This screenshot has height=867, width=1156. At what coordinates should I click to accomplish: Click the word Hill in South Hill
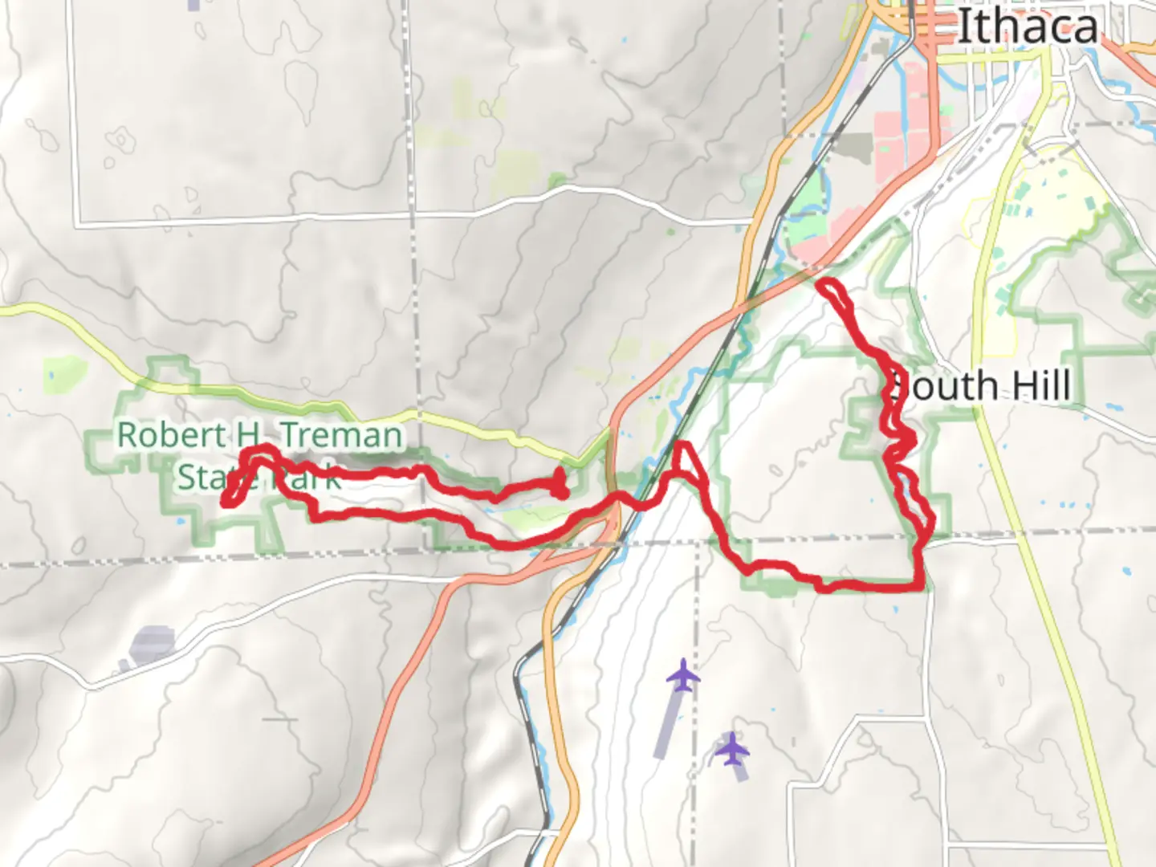point(1040,386)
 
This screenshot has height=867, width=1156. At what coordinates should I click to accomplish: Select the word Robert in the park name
point(171,435)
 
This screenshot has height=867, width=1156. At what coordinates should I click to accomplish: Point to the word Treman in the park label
point(341,436)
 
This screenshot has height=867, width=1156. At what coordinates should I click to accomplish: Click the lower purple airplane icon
point(731,751)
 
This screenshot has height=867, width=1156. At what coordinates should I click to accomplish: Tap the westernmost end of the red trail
point(228,501)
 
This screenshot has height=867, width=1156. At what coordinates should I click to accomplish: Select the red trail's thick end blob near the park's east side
point(560,485)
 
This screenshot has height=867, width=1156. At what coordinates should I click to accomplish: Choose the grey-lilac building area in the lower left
point(152,645)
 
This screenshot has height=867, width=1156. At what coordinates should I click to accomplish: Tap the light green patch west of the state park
point(64,374)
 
